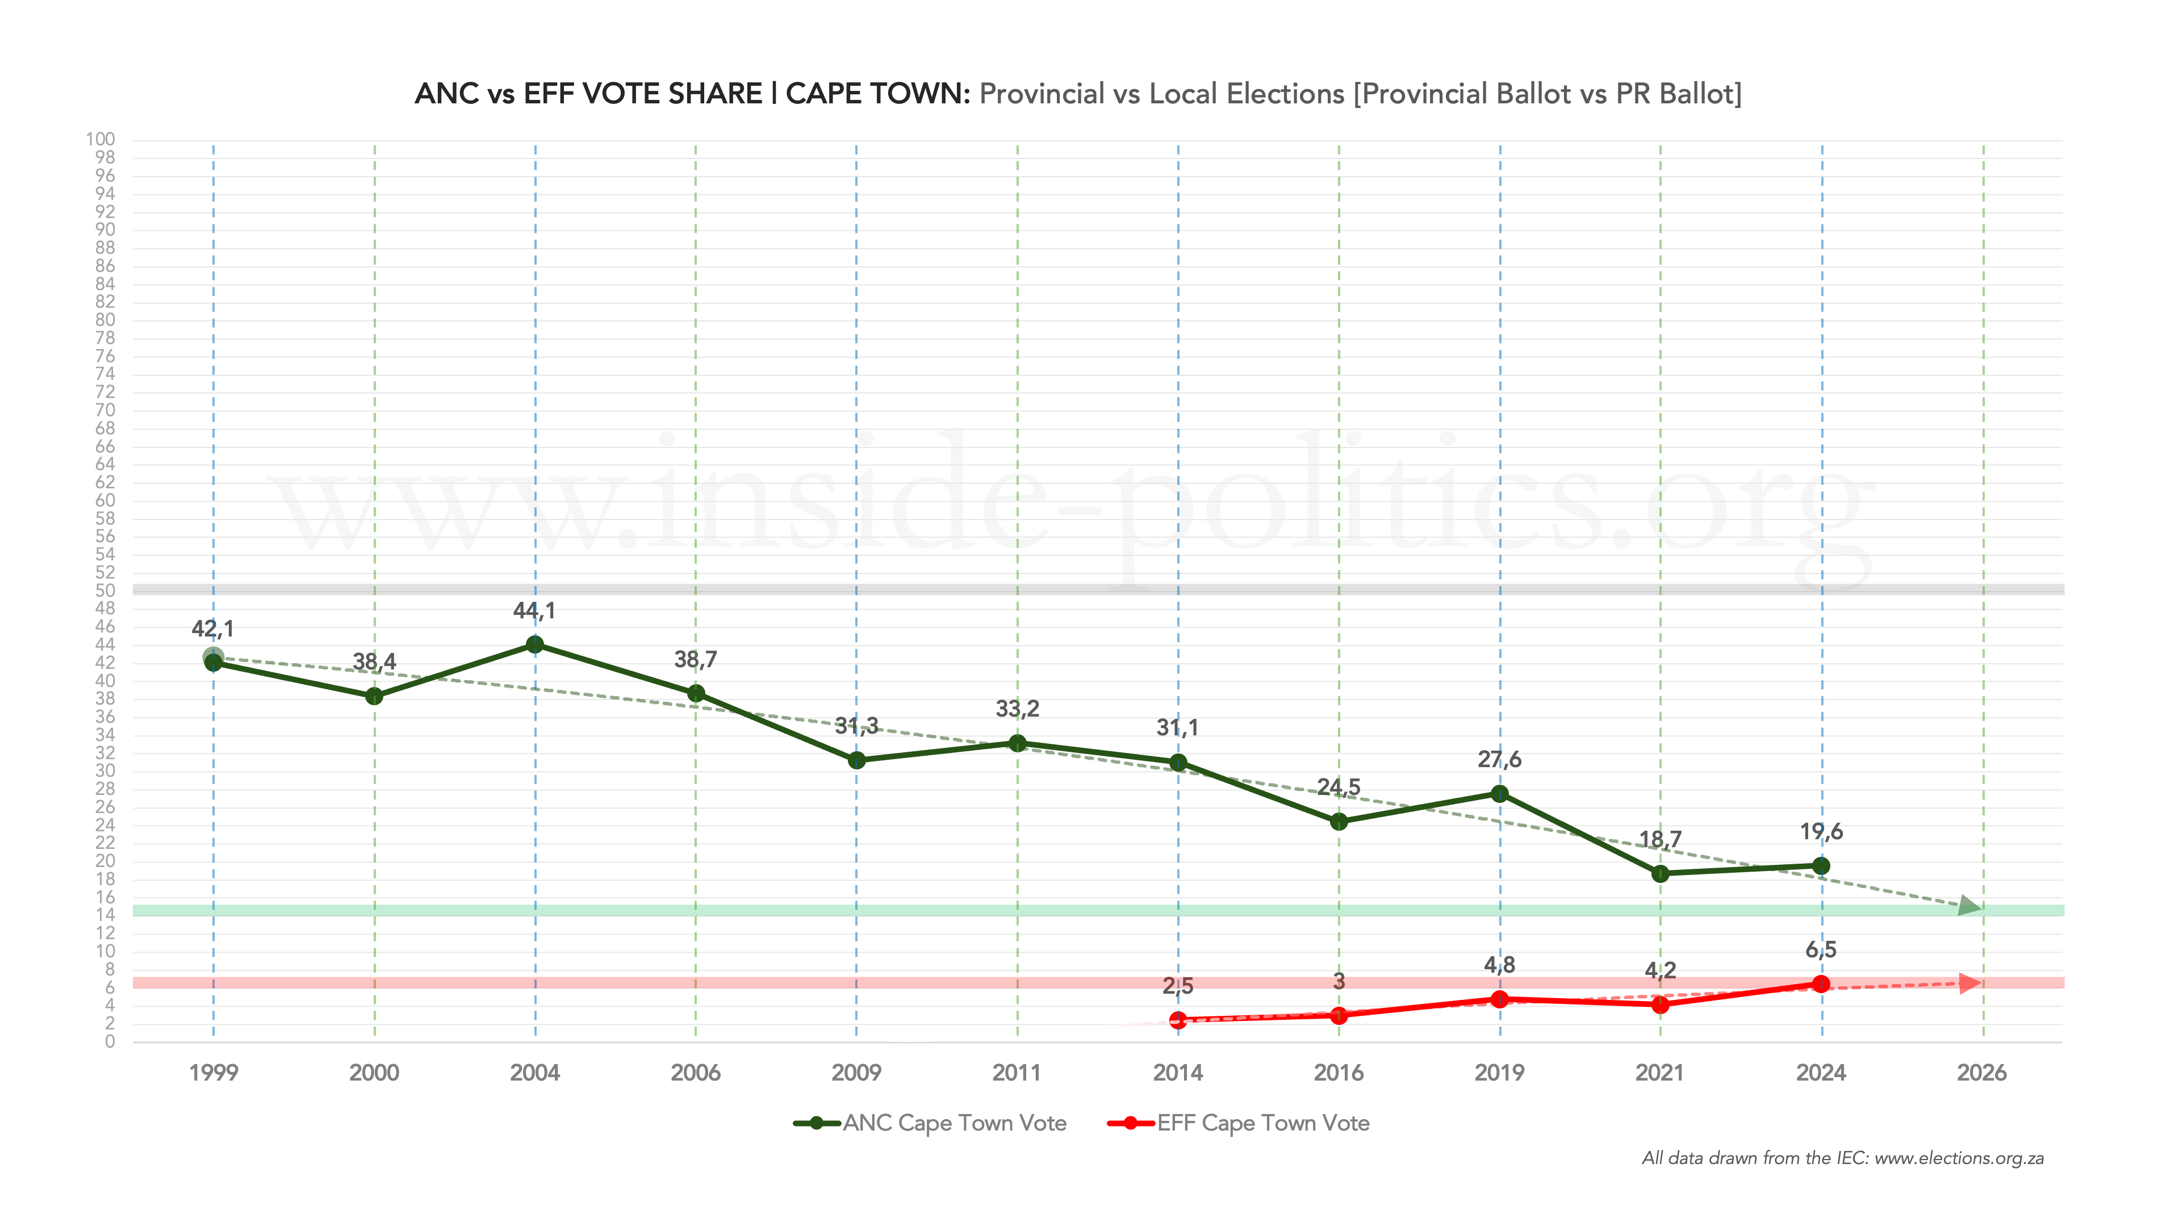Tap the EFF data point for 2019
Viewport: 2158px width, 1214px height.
[1500, 999]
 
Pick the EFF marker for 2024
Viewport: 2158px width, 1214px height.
[1821, 983]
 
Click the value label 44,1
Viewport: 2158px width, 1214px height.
[534, 611]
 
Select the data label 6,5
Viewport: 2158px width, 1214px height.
[1821, 949]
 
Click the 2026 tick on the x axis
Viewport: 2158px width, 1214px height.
[1982, 1073]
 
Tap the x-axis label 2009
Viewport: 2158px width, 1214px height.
[856, 1073]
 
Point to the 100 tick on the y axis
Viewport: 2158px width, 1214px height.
[101, 139]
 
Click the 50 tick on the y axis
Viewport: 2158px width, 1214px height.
[106, 590]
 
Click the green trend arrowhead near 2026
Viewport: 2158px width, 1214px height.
[1971, 906]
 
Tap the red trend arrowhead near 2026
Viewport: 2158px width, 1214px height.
[1971, 983]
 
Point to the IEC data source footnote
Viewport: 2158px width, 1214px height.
[1842, 1158]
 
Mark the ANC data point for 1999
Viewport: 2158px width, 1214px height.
[214, 663]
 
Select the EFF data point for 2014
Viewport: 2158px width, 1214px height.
[1178, 1020]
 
